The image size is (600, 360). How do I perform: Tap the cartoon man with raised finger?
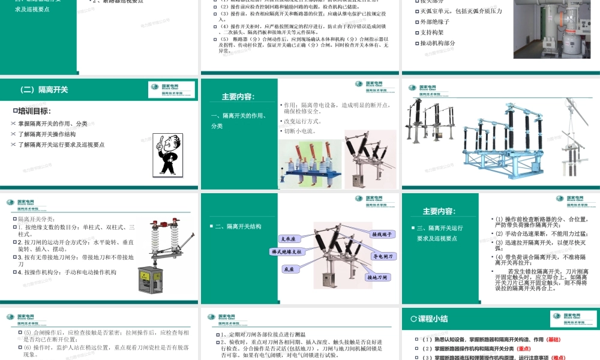[167, 154]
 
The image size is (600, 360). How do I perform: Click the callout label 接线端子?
[382, 234]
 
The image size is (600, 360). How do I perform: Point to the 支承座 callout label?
[289, 239]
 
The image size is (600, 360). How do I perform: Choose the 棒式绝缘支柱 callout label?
[287, 252]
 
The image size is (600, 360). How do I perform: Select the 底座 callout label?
[289, 270]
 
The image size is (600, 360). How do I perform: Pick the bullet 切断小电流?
[300, 131]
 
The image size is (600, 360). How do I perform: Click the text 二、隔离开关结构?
[238, 226]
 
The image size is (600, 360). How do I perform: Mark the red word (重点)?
[524, 349]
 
